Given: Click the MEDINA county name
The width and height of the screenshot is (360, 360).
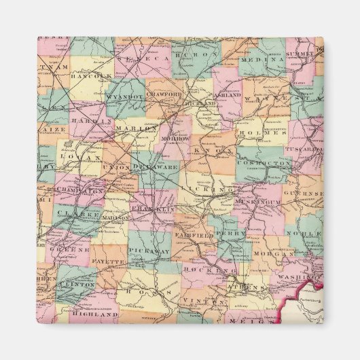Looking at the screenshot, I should pos(260,60).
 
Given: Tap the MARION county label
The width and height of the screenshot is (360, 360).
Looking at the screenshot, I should pos(136,128).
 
